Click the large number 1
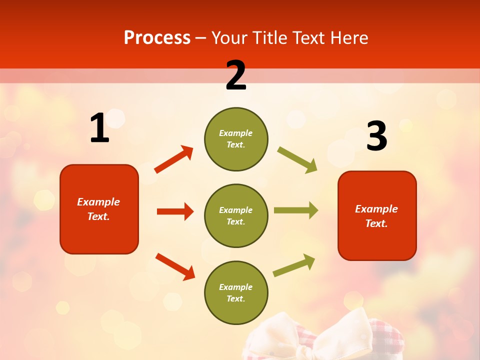point(99,128)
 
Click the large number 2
point(236,75)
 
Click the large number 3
point(376,136)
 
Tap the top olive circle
point(236,139)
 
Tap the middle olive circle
point(236,215)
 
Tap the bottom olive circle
point(236,292)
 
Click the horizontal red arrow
point(175,211)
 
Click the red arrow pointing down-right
point(175,266)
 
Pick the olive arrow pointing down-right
point(297,160)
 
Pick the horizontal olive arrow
point(296,210)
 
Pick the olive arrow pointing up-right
point(294,265)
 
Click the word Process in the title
point(157,38)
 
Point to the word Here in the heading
point(348,38)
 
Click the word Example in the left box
point(98,202)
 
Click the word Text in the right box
point(376,223)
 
